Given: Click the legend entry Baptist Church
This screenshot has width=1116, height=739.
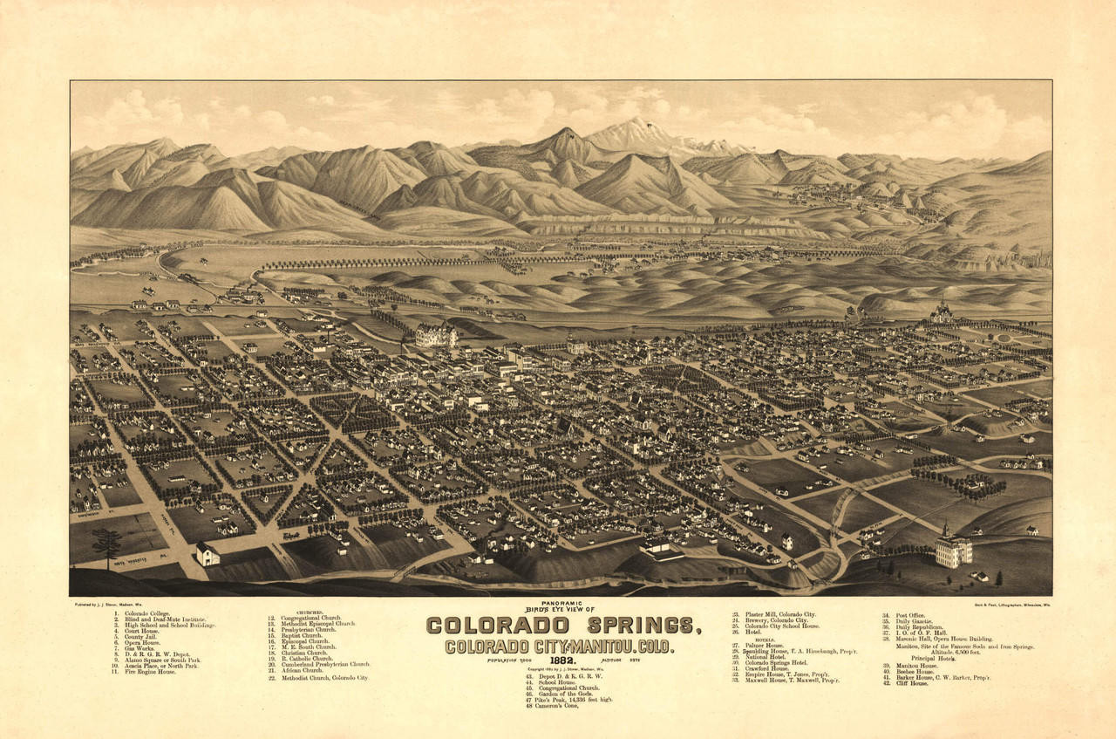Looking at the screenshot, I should tap(301, 635).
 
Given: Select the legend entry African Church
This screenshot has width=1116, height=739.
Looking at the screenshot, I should tap(302, 669).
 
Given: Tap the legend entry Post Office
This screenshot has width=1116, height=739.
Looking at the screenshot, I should tap(906, 615).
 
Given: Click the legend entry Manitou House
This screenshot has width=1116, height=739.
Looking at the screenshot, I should tap(912, 666).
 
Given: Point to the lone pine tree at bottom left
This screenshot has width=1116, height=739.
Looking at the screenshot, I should tap(107, 544).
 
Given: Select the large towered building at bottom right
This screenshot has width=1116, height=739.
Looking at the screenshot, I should tap(954, 548).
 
